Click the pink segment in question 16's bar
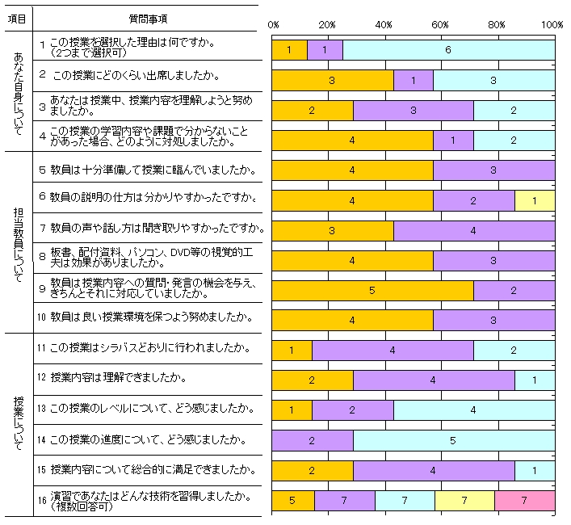tap(524, 501)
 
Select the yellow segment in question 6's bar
tap(535, 200)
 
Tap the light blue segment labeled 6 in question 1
tap(448, 50)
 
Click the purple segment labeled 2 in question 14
tap(312, 440)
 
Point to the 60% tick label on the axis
tap(441, 25)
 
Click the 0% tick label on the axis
tap(273, 25)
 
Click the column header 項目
tap(20, 18)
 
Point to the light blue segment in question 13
tap(474, 410)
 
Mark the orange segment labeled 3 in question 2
tap(332, 81)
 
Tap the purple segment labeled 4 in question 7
tap(473, 230)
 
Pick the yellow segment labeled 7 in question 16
tap(464, 501)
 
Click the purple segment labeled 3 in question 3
tap(413, 111)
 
